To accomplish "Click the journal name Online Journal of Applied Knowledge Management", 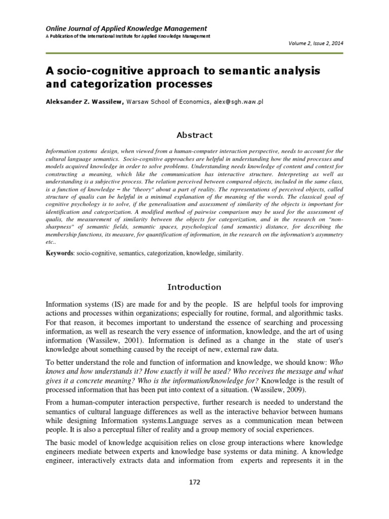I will (x=120, y=28).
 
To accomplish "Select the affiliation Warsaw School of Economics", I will (x=162, y=101).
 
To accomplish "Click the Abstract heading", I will (x=194, y=135).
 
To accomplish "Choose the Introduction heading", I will (x=194, y=287).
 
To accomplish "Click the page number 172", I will (x=194, y=482).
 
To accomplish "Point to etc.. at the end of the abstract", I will (x=51, y=242).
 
